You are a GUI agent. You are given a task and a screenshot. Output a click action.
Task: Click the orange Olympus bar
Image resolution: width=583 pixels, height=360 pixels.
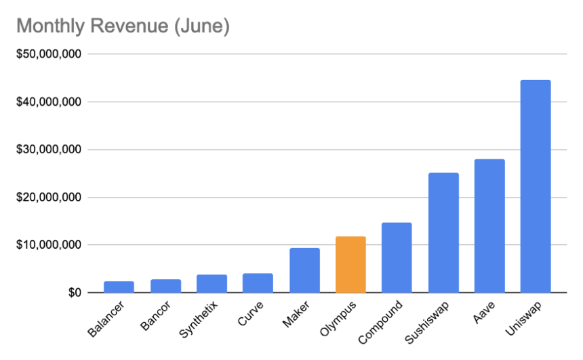(350, 264)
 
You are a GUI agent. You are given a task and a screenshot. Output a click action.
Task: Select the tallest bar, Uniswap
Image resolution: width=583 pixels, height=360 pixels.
(536, 186)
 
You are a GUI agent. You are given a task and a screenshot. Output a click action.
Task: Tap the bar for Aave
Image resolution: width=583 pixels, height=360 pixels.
(489, 226)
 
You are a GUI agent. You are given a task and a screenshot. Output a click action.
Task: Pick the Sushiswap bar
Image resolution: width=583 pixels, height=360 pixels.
(443, 233)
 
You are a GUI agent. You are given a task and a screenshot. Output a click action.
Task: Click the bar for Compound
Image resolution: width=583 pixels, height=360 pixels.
(397, 258)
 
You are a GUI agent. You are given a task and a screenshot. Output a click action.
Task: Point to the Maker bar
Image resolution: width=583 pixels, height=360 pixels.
(304, 271)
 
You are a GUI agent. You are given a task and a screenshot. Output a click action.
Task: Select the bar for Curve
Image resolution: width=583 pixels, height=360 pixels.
(258, 283)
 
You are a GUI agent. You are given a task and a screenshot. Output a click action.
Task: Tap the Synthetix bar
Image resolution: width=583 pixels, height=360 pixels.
(212, 284)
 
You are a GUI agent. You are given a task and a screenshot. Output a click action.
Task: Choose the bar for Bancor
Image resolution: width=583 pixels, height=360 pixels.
(165, 286)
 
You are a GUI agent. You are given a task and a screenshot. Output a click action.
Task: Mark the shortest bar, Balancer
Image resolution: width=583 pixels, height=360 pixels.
(119, 287)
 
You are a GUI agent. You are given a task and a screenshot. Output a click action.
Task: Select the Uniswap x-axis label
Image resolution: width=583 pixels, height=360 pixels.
(527, 319)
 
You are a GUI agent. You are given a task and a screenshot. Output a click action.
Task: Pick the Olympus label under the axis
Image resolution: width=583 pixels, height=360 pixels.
(342, 319)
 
